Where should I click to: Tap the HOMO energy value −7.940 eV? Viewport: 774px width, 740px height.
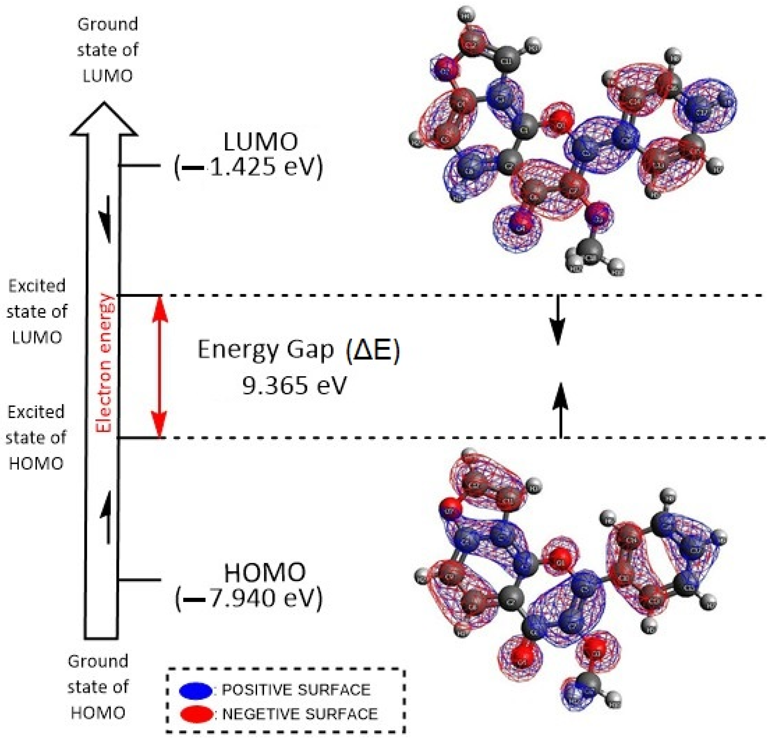tap(249, 599)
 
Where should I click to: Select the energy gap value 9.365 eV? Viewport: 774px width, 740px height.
tap(294, 385)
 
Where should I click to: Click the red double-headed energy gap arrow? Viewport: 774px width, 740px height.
tap(159, 366)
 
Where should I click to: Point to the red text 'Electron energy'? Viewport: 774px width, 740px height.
tap(105, 363)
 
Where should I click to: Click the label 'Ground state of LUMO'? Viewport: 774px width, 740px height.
tap(107, 50)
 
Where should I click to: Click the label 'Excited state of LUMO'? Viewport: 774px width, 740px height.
tap(37, 312)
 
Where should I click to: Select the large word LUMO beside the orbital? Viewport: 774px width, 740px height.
tap(260, 142)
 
